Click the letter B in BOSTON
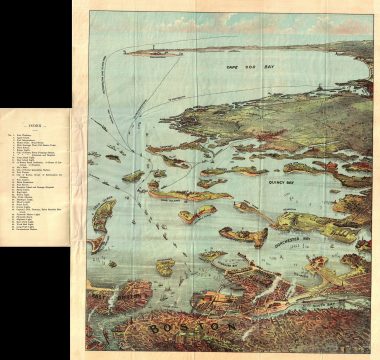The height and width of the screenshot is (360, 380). coord(151,326)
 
